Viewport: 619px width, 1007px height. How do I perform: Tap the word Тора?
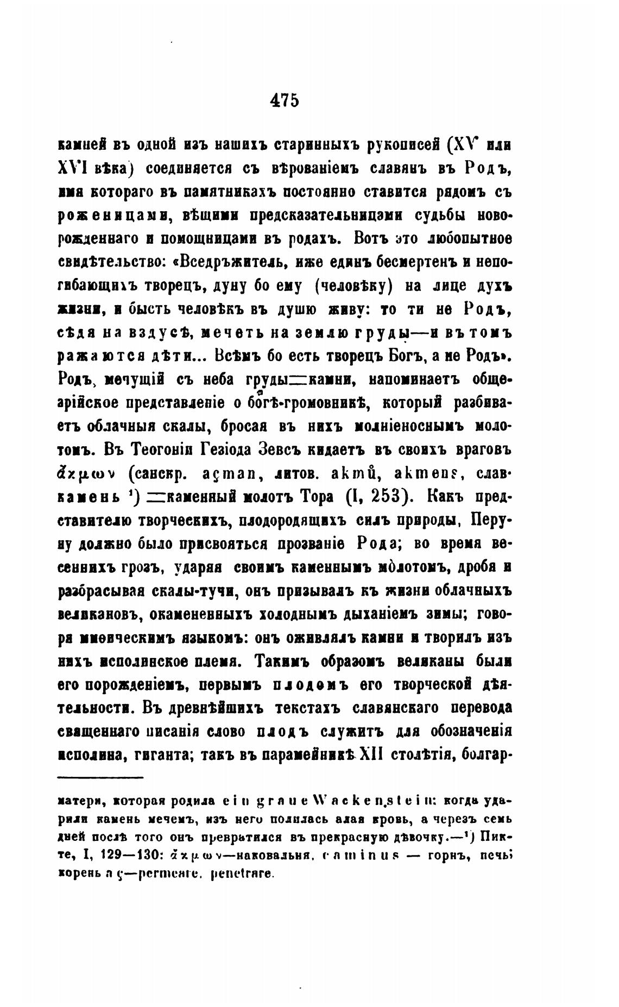point(319,497)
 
